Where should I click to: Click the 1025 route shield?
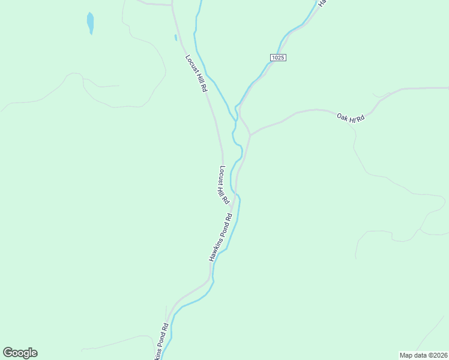pos(277,57)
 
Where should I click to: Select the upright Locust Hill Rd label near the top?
pos(196,73)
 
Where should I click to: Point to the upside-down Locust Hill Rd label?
pos(221,182)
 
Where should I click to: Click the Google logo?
pos(20,353)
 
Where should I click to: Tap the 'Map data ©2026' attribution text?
pos(423,355)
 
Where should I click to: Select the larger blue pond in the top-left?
pos(90,23)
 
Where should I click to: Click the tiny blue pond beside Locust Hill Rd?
pos(175,37)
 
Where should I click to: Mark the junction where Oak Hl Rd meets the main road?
pos(250,134)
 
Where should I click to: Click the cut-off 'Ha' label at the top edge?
pos(322,3)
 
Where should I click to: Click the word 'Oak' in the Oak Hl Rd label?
pos(342,116)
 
